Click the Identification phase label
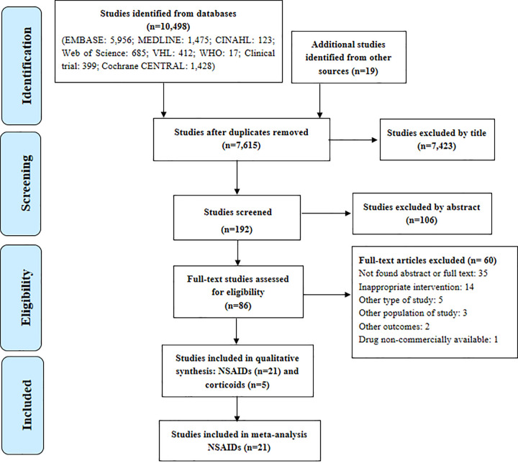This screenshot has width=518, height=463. pos(27,65)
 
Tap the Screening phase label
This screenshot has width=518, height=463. pos(26,183)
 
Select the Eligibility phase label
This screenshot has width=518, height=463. pos(27,298)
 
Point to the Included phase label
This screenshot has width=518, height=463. pos(27,405)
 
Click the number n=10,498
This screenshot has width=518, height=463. pos(168,27)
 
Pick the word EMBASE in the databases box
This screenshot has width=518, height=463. pos(84,40)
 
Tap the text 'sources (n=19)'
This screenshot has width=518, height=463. pos(348,71)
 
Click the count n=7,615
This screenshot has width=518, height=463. pos(241,145)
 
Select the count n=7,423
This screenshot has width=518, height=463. pos(437,146)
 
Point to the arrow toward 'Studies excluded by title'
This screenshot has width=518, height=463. pos(353,140)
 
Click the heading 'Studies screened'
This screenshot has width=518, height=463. pos(238,212)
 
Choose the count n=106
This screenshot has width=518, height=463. pos(422,220)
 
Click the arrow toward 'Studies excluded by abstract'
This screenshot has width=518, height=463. pos(327,214)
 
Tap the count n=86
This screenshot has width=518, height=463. pos(238,306)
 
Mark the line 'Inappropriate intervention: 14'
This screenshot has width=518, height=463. pos(417,287)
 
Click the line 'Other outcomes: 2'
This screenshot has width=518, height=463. pos(394,326)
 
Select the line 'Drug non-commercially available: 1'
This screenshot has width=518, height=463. pos(428,339)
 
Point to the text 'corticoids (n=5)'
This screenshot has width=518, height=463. pos(237,385)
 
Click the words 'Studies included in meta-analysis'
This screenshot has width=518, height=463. pos(239,434)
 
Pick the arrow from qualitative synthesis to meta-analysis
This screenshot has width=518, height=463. pos(237,408)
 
